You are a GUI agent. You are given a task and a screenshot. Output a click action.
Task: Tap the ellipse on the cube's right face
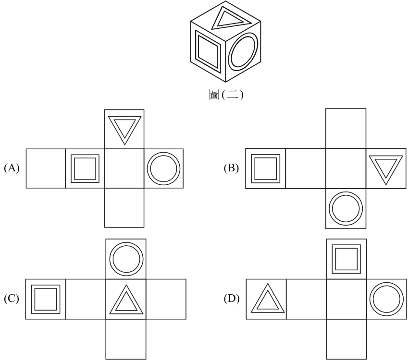(x=230, y=52)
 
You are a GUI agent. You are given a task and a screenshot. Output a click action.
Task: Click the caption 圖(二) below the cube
(x=226, y=95)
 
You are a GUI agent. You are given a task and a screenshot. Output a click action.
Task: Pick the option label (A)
(x=12, y=168)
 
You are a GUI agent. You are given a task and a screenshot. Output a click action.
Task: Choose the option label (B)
(x=231, y=168)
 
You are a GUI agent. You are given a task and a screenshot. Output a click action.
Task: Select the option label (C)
(x=12, y=299)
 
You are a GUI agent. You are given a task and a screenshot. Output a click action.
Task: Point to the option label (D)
(x=232, y=299)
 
